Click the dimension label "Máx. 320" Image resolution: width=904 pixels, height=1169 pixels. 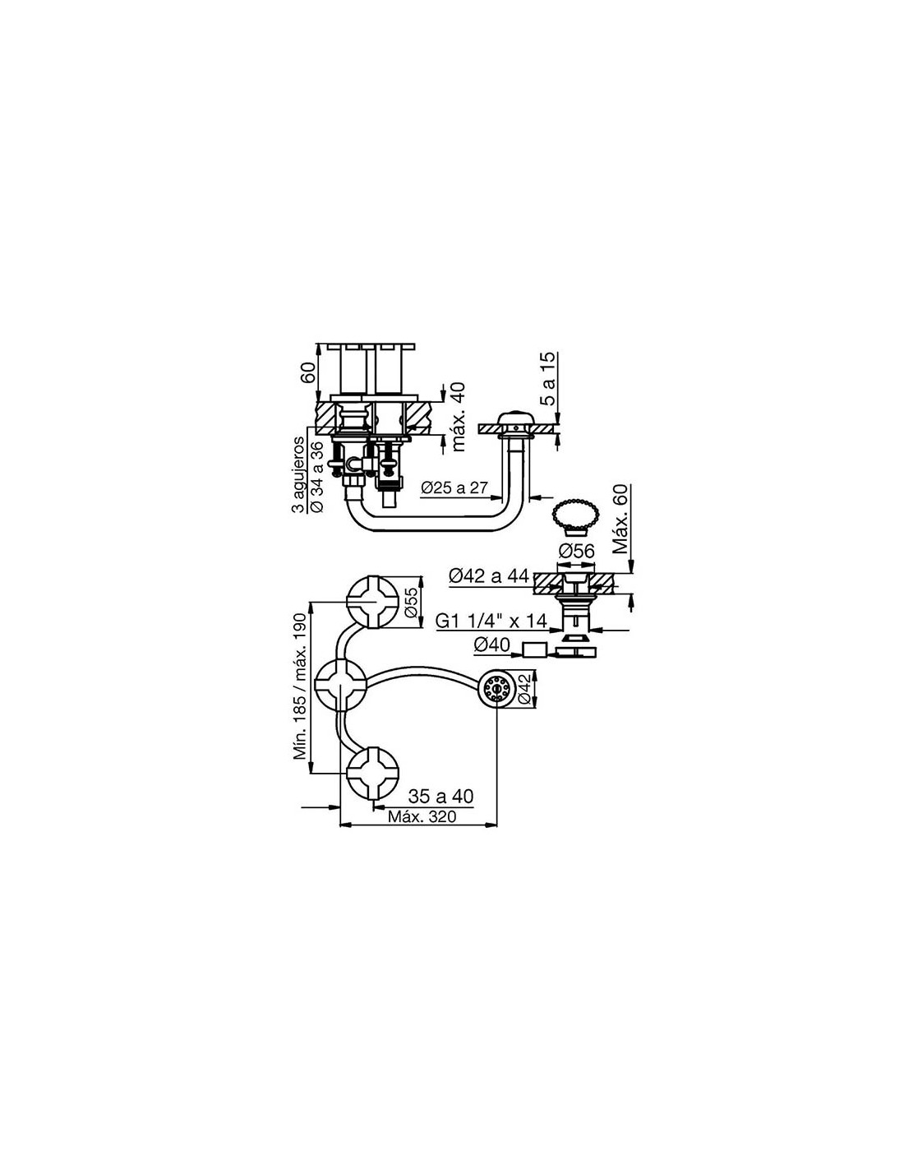pos(422,832)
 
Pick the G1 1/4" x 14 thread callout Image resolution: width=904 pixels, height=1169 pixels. pos(491,621)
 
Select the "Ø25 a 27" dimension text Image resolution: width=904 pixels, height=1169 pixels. pos(454,488)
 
